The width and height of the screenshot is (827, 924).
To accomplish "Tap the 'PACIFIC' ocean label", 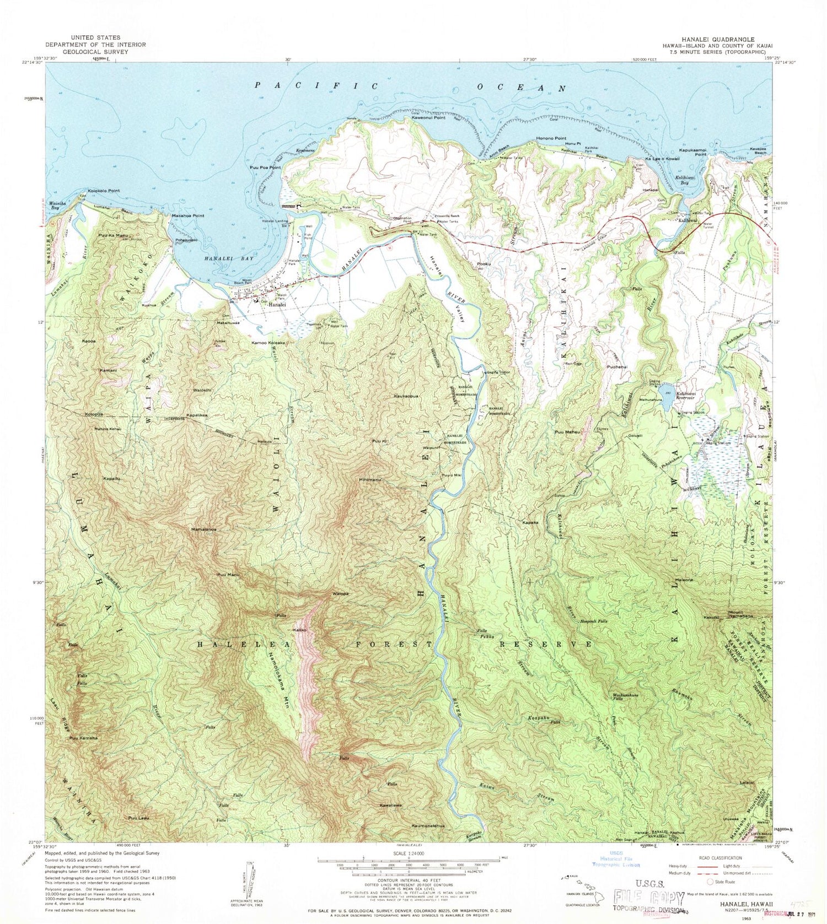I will pos(317,85).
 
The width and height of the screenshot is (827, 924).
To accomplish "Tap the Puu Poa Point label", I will pos(265,167).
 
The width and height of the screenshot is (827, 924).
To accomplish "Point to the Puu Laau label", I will pos(138,818).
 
